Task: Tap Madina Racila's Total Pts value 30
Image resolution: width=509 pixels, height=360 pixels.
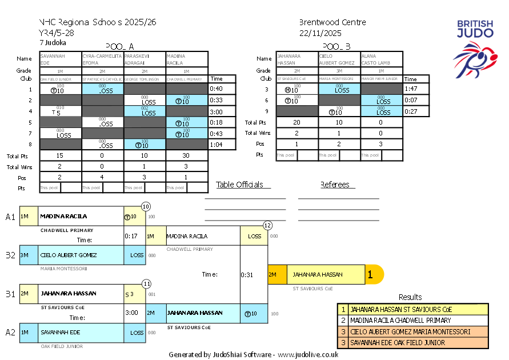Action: pos(187,155)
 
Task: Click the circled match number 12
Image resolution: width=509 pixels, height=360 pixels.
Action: pos(267,225)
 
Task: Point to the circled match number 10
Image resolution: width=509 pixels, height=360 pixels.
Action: pos(146,206)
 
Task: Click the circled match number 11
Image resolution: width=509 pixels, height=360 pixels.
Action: pos(146,283)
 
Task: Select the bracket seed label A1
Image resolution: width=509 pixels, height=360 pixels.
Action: pos(10,217)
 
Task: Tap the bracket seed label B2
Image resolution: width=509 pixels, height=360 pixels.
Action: pos(10,255)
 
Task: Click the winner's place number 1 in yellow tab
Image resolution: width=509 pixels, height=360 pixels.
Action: pos(370,275)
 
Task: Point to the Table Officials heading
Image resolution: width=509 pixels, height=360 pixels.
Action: pos(240,185)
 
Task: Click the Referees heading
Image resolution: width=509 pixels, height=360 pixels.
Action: pos(337,185)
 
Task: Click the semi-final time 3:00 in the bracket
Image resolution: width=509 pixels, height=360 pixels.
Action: pos(131,313)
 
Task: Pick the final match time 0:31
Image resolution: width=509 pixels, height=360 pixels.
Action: pos(247,275)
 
